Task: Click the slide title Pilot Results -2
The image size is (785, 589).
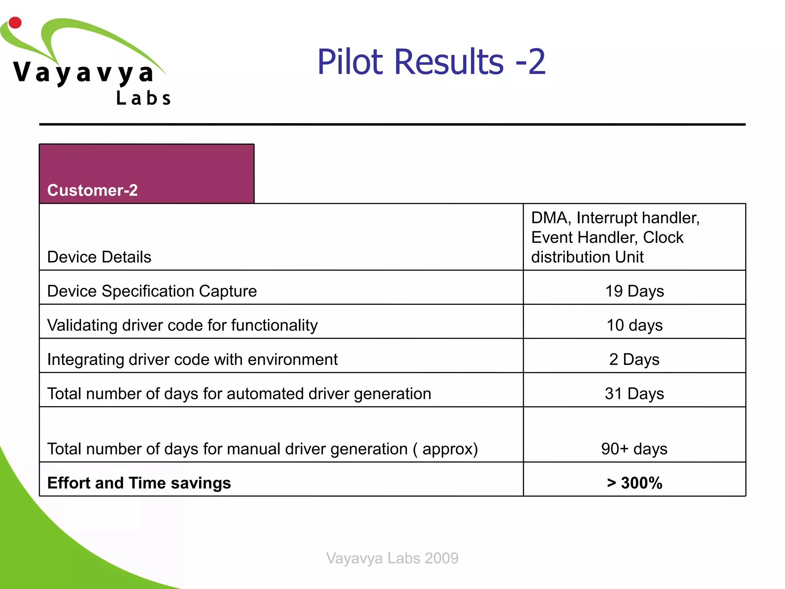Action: click(x=431, y=62)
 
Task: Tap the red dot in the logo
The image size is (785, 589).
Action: click(x=15, y=23)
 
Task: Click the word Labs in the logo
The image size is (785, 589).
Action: click(x=143, y=99)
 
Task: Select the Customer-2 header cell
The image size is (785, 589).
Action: click(x=146, y=174)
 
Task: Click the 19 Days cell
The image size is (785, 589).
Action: click(x=634, y=291)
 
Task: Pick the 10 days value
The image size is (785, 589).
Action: click(x=634, y=325)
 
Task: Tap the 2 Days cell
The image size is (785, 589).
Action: click(x=634, y=359)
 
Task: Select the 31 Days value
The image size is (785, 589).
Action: click(x=634, y=393)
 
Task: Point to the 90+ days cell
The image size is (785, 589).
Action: click(x=634, y=449)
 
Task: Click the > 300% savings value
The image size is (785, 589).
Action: click(x=634, y=483)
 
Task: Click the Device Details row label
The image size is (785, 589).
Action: click(x=99, y=257)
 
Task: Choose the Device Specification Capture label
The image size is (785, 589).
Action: click(x=152, y=291)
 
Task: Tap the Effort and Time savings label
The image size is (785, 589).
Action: click(x=139, y=483)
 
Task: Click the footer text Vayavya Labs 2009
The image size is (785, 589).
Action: click(x=392, y=558)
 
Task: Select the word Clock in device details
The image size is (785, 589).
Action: click(x=663, y=237)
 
